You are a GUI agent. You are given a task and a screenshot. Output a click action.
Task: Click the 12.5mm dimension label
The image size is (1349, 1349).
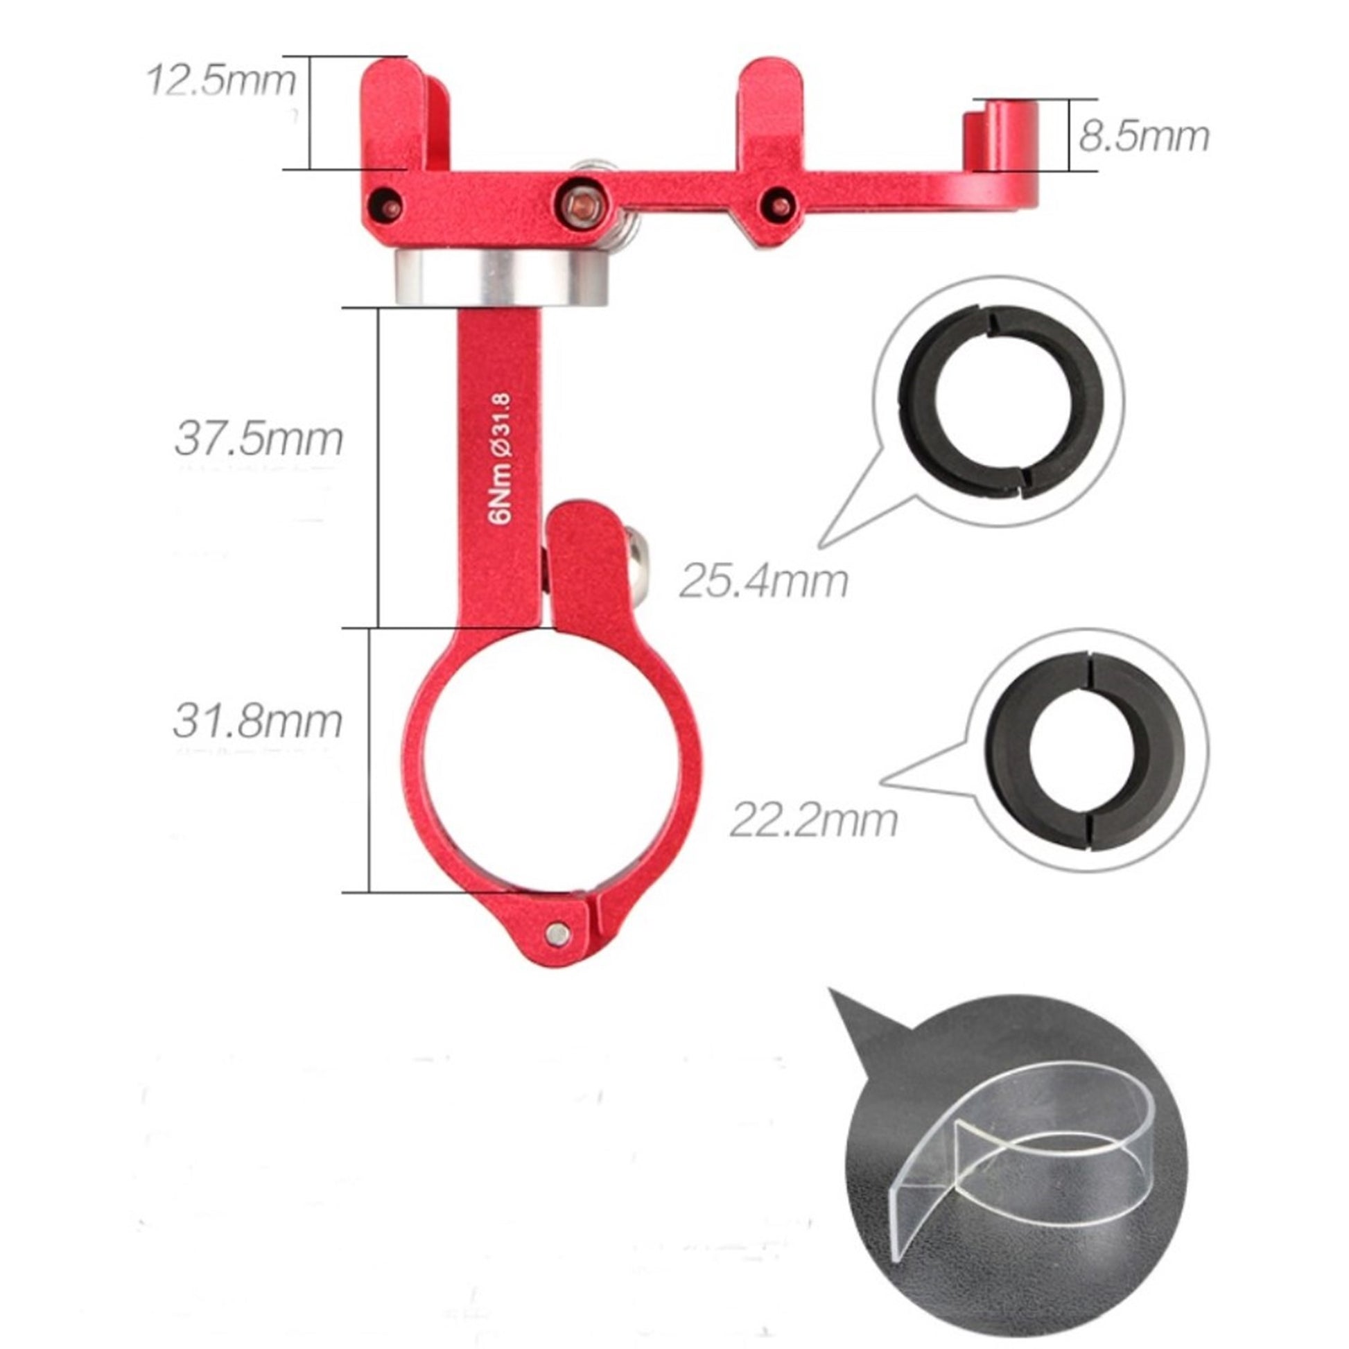(221, 80)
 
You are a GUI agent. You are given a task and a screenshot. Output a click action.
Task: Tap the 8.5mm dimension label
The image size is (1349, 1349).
(1144, 136)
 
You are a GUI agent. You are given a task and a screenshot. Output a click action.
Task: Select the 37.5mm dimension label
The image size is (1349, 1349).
(259, 439)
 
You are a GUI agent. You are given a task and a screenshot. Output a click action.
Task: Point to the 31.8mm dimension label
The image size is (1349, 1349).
(258, 720)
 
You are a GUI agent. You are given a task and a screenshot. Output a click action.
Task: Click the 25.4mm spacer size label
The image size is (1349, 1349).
(764, 582)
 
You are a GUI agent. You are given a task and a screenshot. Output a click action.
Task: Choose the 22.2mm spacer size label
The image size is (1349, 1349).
(813, 821)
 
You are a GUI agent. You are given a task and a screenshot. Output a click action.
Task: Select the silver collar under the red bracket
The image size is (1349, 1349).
(501, 278)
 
